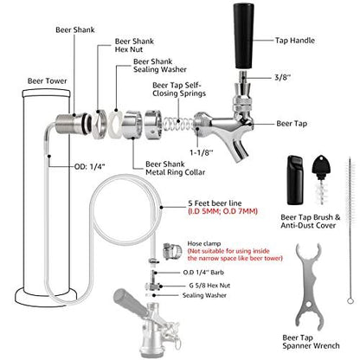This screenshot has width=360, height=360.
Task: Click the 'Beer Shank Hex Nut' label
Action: (x=105, y=47)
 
